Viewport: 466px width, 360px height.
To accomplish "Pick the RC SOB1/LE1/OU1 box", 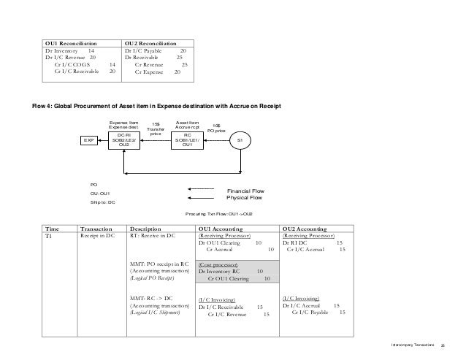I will pos(187,139).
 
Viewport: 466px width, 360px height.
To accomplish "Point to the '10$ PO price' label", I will pos(218,127).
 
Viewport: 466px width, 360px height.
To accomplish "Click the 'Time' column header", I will pos(54,229).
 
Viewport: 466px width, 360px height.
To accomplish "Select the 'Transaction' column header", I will pos(96,229).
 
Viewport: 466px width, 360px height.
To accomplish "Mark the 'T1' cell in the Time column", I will pos(50,237).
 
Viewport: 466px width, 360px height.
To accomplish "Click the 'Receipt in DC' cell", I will pos(97,237).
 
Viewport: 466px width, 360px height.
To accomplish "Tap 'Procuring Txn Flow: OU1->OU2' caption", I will pos(220,214).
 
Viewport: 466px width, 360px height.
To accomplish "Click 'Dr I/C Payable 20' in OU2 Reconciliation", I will pos(156,51).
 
